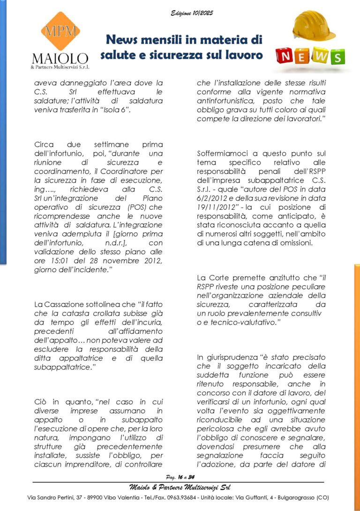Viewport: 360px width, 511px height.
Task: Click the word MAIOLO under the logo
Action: click(x=60, y=59)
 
